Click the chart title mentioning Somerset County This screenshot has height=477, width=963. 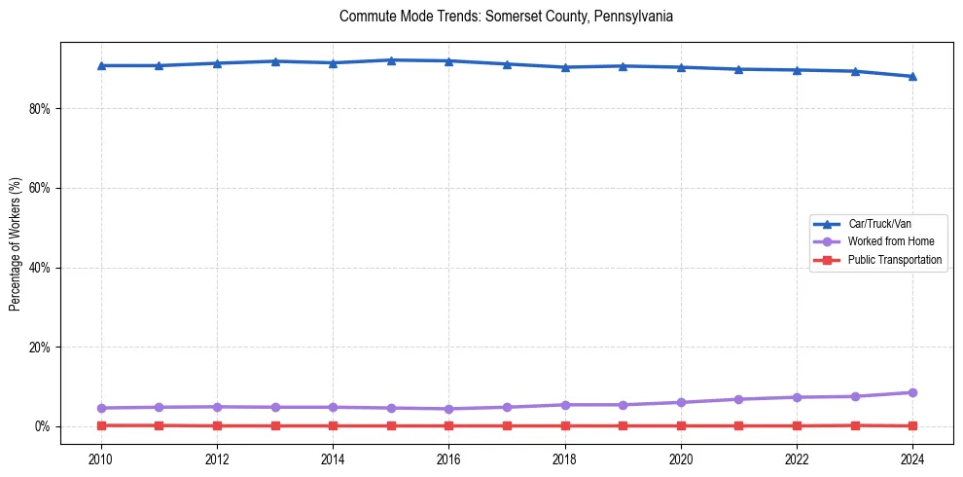506,17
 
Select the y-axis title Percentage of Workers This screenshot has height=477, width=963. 15,244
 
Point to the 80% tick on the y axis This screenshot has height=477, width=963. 39,109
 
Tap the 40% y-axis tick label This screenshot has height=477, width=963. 39,268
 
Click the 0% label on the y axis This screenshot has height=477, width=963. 42,426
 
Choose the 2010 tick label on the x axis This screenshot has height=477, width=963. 100,458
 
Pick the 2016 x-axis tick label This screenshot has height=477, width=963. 448,458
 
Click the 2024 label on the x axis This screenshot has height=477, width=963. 912,458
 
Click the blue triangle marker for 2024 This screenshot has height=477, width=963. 912,76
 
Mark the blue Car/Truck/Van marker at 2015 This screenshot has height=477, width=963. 390,60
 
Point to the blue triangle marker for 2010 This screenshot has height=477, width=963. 100,65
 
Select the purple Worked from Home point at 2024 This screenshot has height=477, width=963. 912,392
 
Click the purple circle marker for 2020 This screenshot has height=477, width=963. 681,402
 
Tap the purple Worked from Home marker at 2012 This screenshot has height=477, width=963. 217,407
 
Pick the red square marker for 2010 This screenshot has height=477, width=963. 100,425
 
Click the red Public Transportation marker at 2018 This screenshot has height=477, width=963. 564,425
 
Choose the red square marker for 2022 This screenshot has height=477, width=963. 797,425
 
